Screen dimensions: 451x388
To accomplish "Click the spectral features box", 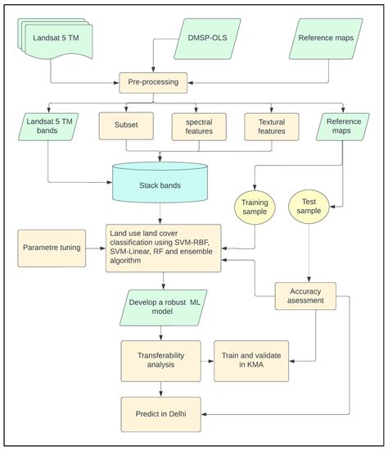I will point(199,126).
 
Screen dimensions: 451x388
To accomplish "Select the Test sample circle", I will point(310,207).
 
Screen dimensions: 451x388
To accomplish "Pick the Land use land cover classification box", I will point(163,248).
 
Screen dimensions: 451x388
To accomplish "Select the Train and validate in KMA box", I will point(252,360).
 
